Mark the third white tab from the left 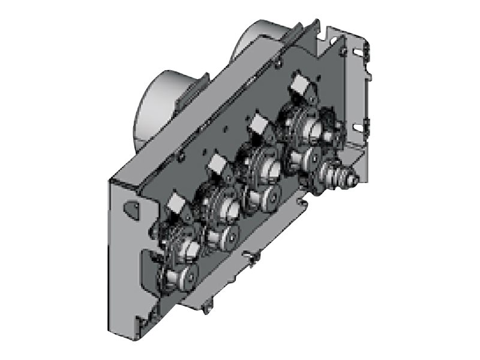259,125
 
